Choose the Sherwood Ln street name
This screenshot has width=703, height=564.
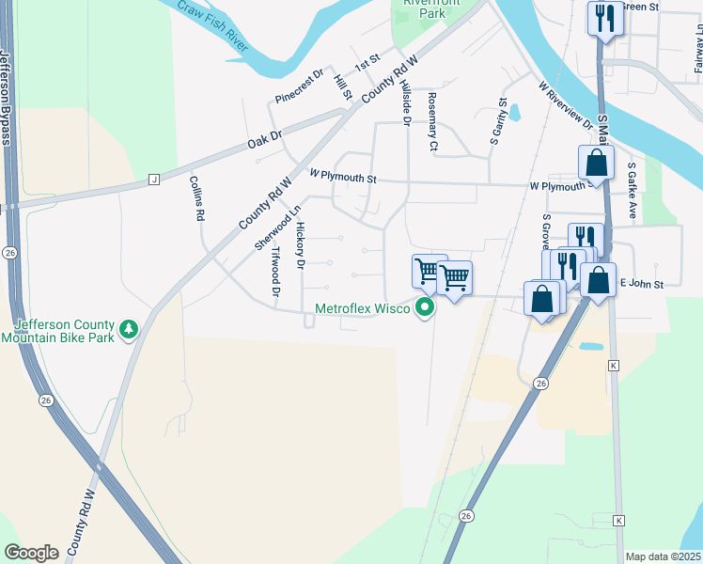pyautogui.click(x=265, y=227)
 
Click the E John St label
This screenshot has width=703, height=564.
pyautogui.click(x=641, y=283)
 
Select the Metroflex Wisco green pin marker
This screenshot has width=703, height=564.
pyautogui.click(x=426, y=307)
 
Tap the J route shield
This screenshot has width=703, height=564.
pyautogui.click(x=153, y=179)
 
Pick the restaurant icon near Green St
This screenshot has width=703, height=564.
pyautogui.click(x=602, y=16)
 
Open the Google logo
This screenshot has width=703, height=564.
pyautogui.click(x=31, y=552)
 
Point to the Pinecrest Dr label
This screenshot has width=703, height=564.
pyautogui.click(x=299, y=86)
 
